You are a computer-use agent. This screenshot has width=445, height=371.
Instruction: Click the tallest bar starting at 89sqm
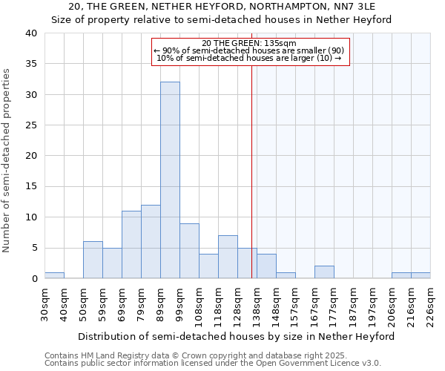coord(170,180)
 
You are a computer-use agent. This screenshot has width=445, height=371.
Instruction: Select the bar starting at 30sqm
coord(54,275)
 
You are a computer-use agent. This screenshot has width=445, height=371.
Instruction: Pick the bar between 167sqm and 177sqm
coord(324,272)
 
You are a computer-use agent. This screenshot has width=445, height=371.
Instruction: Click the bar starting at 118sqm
coord(228,257)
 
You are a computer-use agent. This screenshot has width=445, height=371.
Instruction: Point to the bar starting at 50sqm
coord(93,260)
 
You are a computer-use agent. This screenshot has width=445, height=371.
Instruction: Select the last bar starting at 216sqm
coord(421,275)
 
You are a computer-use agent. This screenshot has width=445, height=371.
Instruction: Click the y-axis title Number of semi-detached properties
coord(7,160)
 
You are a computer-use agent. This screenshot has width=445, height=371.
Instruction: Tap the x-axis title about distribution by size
coord(237,336)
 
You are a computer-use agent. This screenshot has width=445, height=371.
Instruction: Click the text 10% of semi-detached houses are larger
coord(249,58)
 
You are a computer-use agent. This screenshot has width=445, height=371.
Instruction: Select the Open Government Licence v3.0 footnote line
coord(213,364)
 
